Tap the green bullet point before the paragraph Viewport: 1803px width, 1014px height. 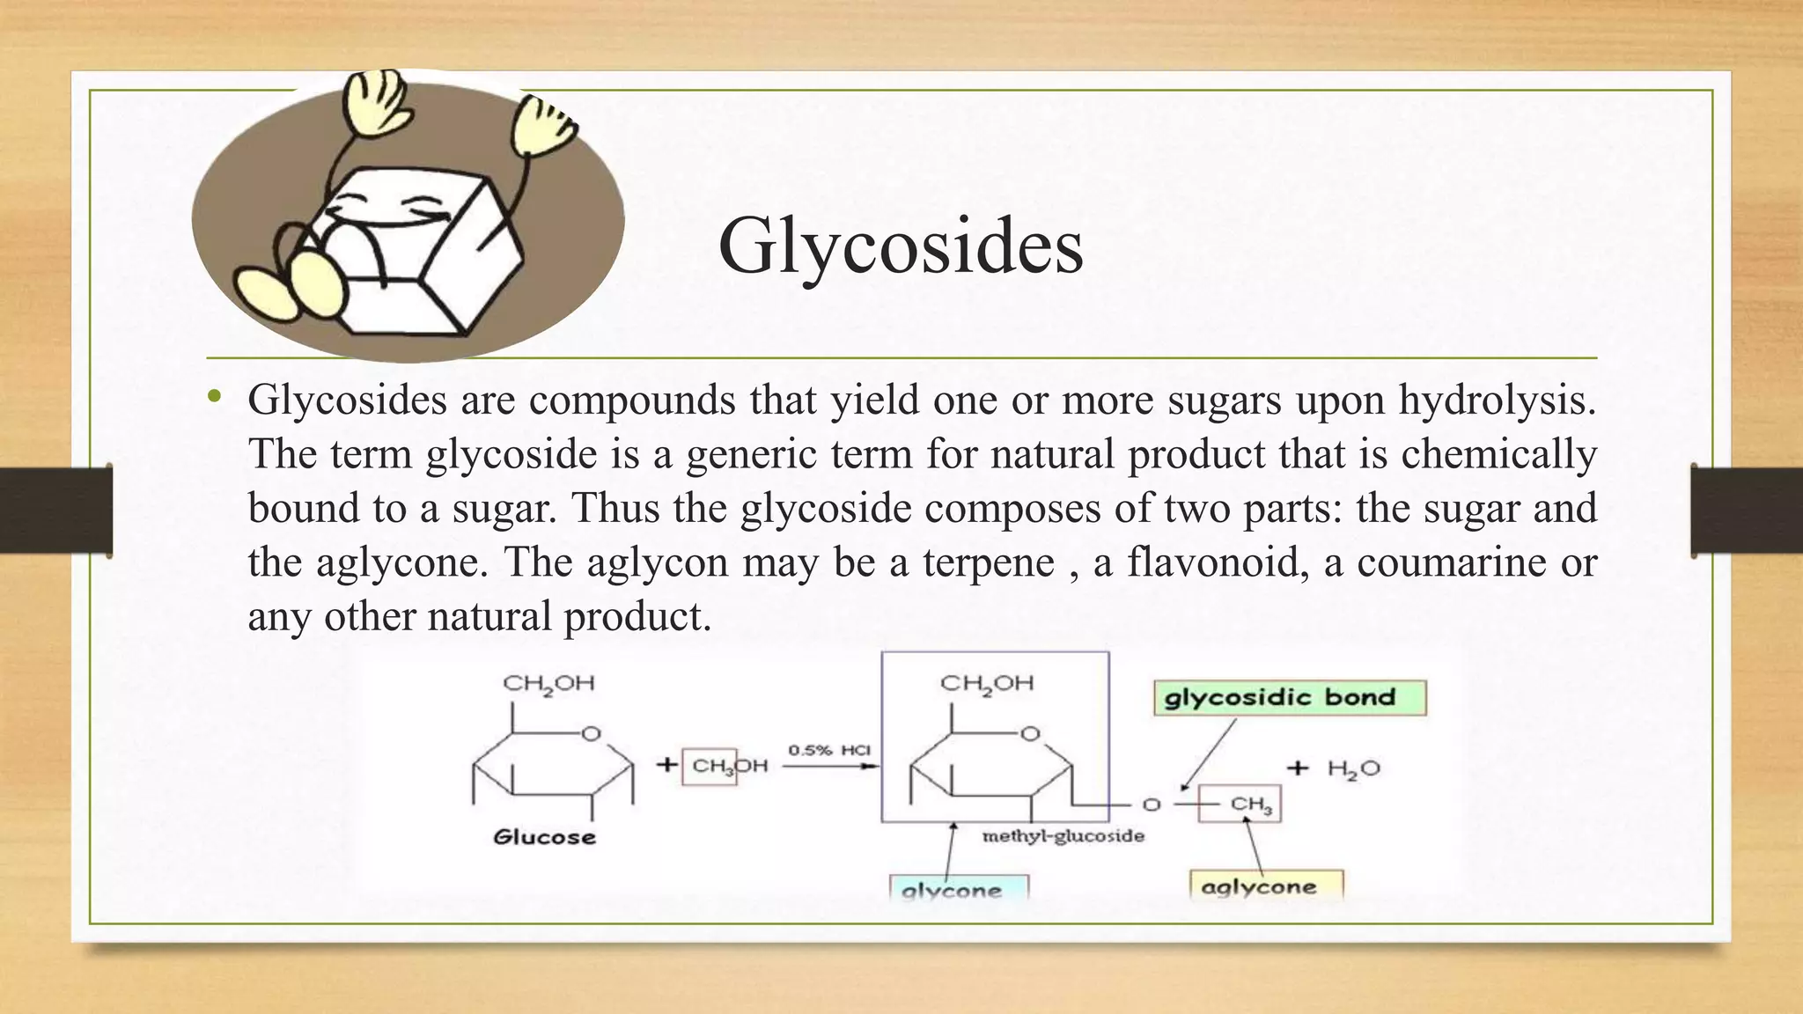[213, 399]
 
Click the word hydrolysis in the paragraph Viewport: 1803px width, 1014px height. [1498, 400]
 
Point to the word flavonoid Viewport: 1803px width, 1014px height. [1215, 562]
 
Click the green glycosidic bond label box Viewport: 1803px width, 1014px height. [1289, 699]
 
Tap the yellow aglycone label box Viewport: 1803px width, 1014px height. [1267, 886]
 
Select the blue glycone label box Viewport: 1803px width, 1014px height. [959, 888]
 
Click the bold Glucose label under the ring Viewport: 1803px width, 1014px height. [544, 837]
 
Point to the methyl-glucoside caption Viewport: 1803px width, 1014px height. [1063, 835]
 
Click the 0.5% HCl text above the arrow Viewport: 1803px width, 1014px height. [828, 750]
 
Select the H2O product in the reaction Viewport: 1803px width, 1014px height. [1353, 768]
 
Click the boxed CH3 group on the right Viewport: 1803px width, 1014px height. [1250, 804]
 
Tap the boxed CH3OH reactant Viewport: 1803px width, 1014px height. [729, 766]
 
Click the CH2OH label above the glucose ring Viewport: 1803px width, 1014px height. [548, 683]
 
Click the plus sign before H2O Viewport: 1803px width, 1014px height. [1298, 768]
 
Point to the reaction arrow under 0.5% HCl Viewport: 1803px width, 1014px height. [829, 766]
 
